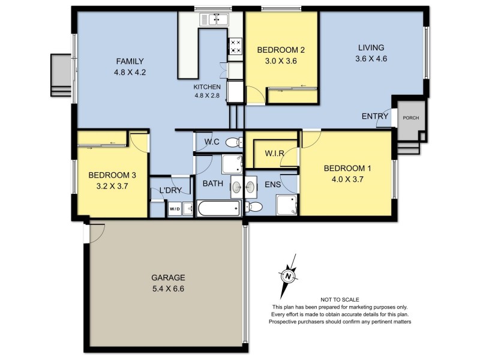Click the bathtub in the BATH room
[x=220, y=209]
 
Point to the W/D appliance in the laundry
[x=175, y=209]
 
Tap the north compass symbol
[x=288, y=275]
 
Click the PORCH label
[x=410, y=118]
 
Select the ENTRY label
[x=374, y=116]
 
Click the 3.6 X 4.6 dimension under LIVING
[x=371, y=59]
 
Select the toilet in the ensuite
[x=254, y=208]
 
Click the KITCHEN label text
[x=206, y=87]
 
